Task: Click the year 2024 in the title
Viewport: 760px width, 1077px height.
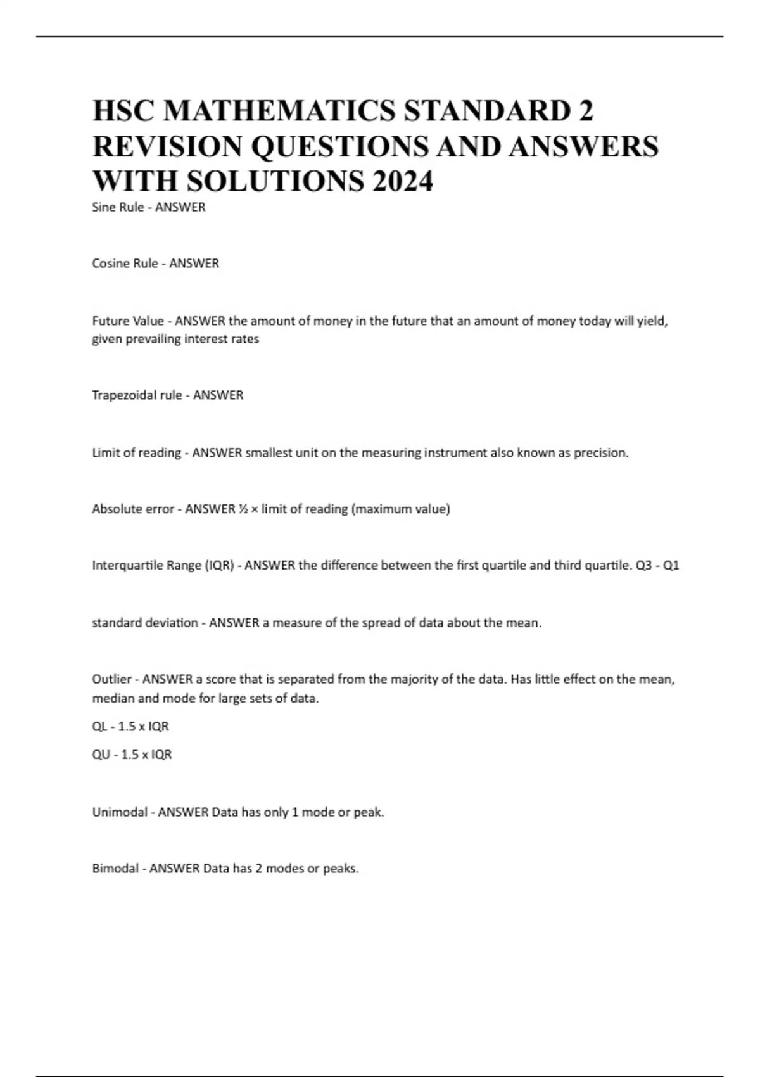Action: (x=403, y=181)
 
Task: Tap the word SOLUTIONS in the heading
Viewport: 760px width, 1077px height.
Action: (x=275, y=181)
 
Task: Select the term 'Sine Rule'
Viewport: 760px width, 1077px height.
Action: (x=118, y=207)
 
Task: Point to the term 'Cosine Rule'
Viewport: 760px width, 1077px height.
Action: (x=125, y=264)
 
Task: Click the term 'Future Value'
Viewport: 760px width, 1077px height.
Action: (x=128, y=321)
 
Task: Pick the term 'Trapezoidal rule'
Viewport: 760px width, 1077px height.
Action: (x=137, y=395)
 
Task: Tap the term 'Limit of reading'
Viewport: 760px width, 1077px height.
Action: (x=136, y=453)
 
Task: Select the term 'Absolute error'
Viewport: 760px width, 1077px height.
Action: (x=132, y=509)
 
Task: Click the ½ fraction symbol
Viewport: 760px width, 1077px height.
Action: (x=243, y=509)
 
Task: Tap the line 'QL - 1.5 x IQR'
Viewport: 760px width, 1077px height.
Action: (x=130, y=727)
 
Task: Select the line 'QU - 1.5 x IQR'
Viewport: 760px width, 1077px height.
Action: (x=132, y=755)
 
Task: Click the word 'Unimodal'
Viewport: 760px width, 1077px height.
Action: (x=120, y=812)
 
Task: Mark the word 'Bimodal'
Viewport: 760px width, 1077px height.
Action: (x=115, y=869)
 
